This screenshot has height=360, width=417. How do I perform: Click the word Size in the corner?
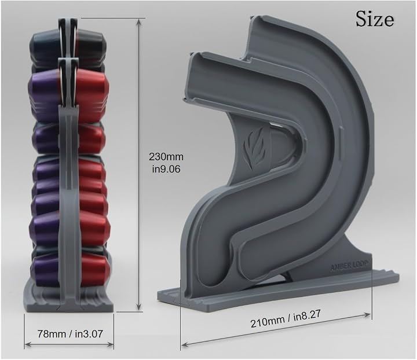click(375, 19)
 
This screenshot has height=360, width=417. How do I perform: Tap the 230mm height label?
click(166, 157)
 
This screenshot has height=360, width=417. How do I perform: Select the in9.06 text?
click(166, 169)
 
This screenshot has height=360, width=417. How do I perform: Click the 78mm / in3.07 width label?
click(70, 334)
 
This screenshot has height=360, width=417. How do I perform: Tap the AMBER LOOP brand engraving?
click(349, 266)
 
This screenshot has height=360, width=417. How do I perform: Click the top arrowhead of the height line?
click(138, 21)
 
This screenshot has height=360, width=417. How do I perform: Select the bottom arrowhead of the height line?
click(138, 307)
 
